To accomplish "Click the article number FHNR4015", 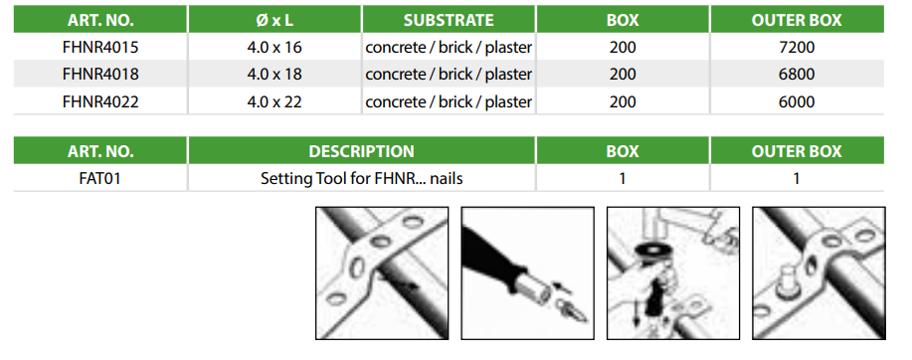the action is [100, 47].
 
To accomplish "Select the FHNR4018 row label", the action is [100, 75].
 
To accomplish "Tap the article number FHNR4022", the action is [100, 101].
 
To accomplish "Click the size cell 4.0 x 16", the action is [274, 47].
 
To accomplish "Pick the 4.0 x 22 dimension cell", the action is [274, 101].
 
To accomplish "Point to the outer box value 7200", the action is [797, 47].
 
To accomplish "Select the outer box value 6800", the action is [797, 75].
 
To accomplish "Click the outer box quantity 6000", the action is [797, 101].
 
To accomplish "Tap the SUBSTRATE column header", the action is [449, 20].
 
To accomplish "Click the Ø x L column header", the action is [274, 20].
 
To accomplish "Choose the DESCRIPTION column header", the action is [361, 151].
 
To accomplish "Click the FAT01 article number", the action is [100, 178].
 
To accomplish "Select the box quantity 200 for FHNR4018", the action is [623, 75].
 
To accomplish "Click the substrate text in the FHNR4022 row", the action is [449, 101].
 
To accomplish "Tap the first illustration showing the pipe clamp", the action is [382, 272].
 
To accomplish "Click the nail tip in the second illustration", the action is [581, 318].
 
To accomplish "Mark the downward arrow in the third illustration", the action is [637, 313].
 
